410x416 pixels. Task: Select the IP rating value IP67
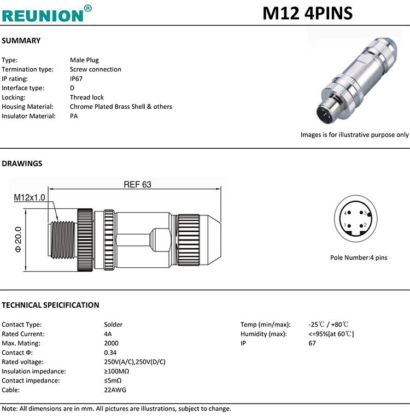tap(76, 79)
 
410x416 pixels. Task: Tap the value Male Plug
tap(84, 60)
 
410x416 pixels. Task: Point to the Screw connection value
tap(95, 69)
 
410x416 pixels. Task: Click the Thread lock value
tap(86, 97)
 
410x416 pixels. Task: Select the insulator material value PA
tap(74, 116)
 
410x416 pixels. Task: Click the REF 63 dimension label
tap(137, 185)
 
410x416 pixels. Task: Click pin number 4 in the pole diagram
tap(346, 213)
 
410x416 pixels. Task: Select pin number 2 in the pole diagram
tap(365, 225)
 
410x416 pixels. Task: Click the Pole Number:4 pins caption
tap(358, 257)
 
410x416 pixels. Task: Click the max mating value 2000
tap(111, 343)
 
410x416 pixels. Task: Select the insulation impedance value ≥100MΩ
tap(116, 371)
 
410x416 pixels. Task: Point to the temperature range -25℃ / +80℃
tap(329, 325)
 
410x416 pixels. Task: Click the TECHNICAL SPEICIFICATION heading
tap(51, 305)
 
